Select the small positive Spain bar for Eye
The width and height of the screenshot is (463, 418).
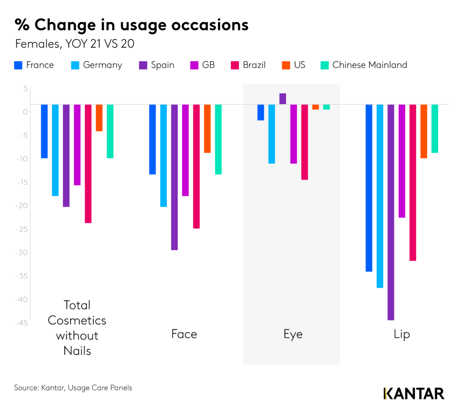283,99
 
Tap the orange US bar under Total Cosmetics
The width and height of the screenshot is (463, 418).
99,118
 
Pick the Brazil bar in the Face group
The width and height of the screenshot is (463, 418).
196,166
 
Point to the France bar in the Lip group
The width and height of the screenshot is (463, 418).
369,188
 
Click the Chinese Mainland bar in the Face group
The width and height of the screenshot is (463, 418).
218,139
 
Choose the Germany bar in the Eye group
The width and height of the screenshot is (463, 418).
272,133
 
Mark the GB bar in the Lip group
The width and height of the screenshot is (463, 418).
402,161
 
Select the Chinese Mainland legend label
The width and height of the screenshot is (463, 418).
369,65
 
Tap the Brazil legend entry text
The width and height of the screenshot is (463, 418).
254,65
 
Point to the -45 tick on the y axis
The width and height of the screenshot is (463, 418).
22,323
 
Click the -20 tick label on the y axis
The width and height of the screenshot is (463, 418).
22,205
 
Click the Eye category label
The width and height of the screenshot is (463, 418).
293,334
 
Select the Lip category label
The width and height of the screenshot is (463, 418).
402,334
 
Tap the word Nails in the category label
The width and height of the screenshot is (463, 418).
77,350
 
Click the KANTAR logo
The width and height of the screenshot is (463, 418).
414,393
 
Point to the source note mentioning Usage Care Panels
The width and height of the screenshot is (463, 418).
73,388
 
